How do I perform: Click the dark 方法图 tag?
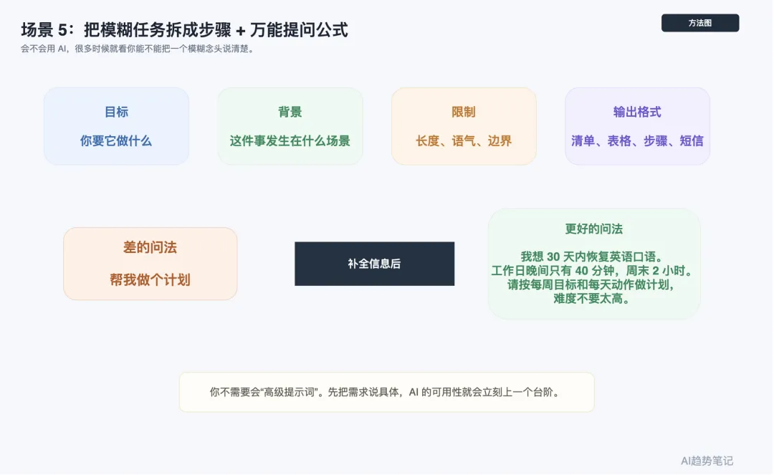coord(699,23)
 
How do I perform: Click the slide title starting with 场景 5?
coord(184,30)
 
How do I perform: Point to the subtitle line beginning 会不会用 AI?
coord(138,49)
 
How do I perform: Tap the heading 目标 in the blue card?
coord(116,112)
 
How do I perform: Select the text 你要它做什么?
coord(116,140)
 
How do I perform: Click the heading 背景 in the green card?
coord(290,112)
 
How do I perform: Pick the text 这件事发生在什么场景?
coord(290,140)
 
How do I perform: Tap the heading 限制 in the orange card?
coord(464,112)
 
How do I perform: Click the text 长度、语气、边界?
coord(464,140)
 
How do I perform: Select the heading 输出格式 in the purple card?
coord(637,112)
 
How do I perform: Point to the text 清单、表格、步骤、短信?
coord(637,140)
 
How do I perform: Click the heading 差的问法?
coord(150,248)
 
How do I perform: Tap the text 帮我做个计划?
coord(150,279)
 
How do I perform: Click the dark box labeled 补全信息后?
coord(374,264)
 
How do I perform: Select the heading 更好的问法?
coord(594,229)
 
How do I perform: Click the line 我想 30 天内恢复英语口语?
coord(594,256)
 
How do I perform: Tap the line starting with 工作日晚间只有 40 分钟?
coord(594,271)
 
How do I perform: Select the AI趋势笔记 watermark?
coord(707,461)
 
